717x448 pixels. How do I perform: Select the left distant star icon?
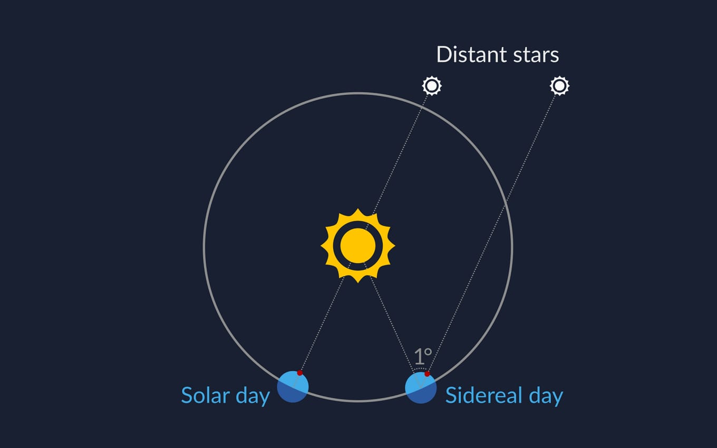click(x=432, y=85)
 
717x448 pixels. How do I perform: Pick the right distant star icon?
click(x=559, y=85)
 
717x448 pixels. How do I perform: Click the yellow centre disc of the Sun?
click(x=358, y=246)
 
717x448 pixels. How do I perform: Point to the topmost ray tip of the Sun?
click(x=358, y=210)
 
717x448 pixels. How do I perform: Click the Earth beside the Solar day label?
click(x=293, y=386)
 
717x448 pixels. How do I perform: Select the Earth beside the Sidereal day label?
click(x=421, y=388)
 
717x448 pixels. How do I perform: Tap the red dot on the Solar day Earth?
click(x=300, y=373)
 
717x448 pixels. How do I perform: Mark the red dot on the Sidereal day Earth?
click(x=427, y=374)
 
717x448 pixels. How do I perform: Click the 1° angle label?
click(x=423, y=357)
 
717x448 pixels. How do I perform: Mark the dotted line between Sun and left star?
click(x=401, y=153)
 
